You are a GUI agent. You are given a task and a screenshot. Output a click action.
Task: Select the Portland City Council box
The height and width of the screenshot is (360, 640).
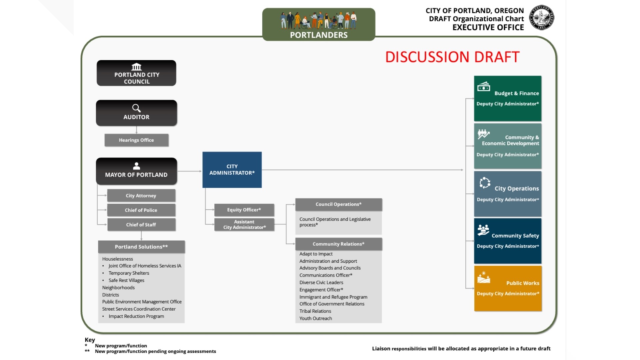tap(136, 73)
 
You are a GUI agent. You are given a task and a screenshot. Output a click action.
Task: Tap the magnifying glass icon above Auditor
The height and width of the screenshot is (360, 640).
tap(136, 108)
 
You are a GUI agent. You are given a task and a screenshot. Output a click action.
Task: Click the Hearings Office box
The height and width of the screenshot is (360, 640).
tap(136, 140)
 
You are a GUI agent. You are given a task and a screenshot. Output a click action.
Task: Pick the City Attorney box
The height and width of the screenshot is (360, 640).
tap(141, 196)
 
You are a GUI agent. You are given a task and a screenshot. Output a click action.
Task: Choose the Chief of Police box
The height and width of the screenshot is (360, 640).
tap(141, 210)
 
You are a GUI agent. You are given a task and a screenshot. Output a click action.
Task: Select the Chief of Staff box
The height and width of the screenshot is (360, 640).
tap(141, 225)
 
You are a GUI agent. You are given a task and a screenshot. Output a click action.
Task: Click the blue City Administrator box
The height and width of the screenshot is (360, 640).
tap(232, 170)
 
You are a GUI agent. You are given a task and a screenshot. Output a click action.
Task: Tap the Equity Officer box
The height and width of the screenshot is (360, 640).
tap(244, 210)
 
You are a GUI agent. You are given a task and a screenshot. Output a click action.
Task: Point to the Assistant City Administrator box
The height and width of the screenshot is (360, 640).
tap(244, 224)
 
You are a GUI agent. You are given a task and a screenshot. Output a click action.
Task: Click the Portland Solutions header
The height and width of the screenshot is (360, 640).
tap(141, 247)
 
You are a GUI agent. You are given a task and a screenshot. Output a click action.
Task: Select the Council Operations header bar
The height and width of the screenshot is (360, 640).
tap(338, 204)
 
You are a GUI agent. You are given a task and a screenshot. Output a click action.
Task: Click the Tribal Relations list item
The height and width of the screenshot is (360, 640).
tap(315, 311)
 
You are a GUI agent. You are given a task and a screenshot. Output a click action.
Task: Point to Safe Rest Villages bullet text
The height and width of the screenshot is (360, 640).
tap(126, 280)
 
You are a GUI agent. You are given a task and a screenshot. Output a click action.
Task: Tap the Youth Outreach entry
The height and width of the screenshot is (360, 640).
tap(315, 318)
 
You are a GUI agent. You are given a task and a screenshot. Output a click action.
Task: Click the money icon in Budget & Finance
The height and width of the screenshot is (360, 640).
tap(483, 87)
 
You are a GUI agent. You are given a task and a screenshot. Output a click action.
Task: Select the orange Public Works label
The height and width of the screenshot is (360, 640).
tap(522, 283)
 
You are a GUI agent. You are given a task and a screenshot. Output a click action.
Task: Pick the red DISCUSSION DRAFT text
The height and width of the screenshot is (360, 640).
tap(452, 57)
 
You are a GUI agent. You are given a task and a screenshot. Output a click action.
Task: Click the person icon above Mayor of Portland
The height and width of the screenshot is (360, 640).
tap(136, 166)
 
